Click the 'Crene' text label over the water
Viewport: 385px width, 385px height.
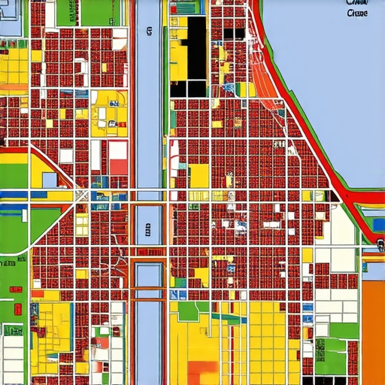359,14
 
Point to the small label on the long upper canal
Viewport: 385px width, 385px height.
150,32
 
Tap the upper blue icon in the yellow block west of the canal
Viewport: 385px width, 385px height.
112,103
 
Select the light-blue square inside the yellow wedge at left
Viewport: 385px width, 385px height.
50,180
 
